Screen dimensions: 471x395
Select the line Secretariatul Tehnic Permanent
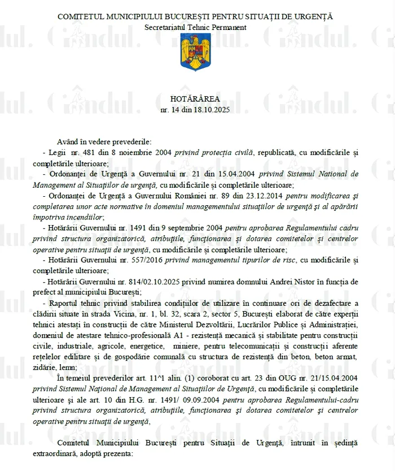point(195,27)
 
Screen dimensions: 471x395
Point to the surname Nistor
point(271,281)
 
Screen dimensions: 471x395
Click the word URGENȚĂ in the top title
point(313,16)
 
